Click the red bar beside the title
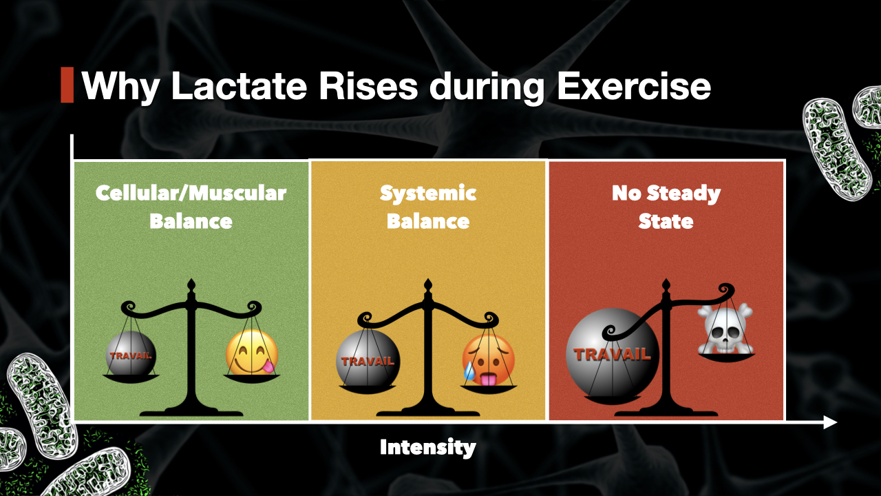pos(67,85)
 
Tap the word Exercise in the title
pos(633,86)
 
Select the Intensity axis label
pos(427,448)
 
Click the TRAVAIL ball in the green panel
pos(131,355)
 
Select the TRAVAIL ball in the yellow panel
pos(368,360)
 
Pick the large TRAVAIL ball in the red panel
pos(612,355)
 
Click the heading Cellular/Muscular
pos(191,193)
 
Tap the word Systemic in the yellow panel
pos(428,193)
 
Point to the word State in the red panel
pos(665,221)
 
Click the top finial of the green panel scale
pos(191,285)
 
